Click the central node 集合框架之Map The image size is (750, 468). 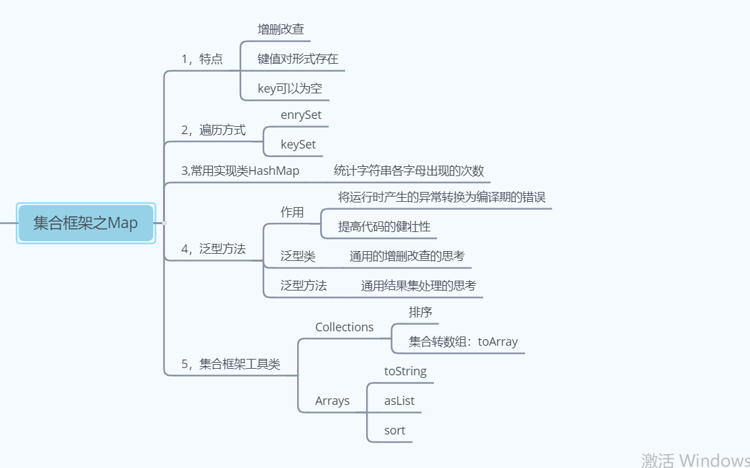(x=85, y=223)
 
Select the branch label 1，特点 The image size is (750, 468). (x=202, y=59)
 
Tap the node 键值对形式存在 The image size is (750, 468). (x=298, y=59)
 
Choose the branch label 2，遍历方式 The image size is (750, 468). (x=213, y=130)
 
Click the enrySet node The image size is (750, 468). (x=301, y=115)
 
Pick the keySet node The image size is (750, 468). (x=298, y=145)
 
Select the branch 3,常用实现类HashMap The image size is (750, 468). (x=240, y=171)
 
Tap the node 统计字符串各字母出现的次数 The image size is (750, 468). (x=409, y=171)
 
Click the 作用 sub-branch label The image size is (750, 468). (x=292, y=212)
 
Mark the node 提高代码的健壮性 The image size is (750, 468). (x=384, y=227)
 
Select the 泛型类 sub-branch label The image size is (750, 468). (x=298, y=256)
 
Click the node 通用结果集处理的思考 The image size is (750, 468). (x=418, y=286)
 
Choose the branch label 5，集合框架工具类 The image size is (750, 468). (x=230, y=364)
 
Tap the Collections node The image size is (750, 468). (x=344, y=327)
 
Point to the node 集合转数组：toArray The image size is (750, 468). (x=463, y=342)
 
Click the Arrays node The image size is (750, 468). (x=332, y=401)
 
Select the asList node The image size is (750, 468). (x=399, y=401)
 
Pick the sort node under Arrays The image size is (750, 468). (x=394, y=431)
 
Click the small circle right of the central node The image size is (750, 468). (x=164, y=223)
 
